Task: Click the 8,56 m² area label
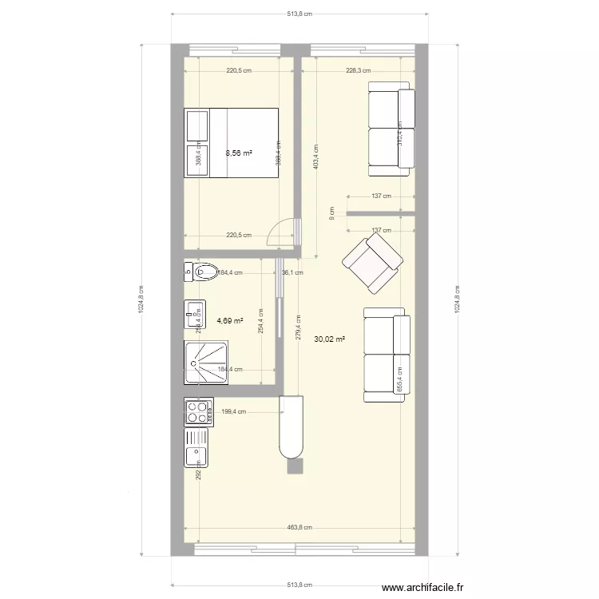pos(239,153)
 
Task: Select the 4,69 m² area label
pos(229,321)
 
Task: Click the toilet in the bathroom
pos(200,272)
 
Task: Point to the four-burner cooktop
pos(196,411)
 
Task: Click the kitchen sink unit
pos(196,446)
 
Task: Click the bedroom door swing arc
pos(280,232)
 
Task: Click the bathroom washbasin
pos(194,314)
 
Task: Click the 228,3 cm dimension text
pos(358,70)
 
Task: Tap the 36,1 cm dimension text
pos(293,272)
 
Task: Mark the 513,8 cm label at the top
pos(299,14)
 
